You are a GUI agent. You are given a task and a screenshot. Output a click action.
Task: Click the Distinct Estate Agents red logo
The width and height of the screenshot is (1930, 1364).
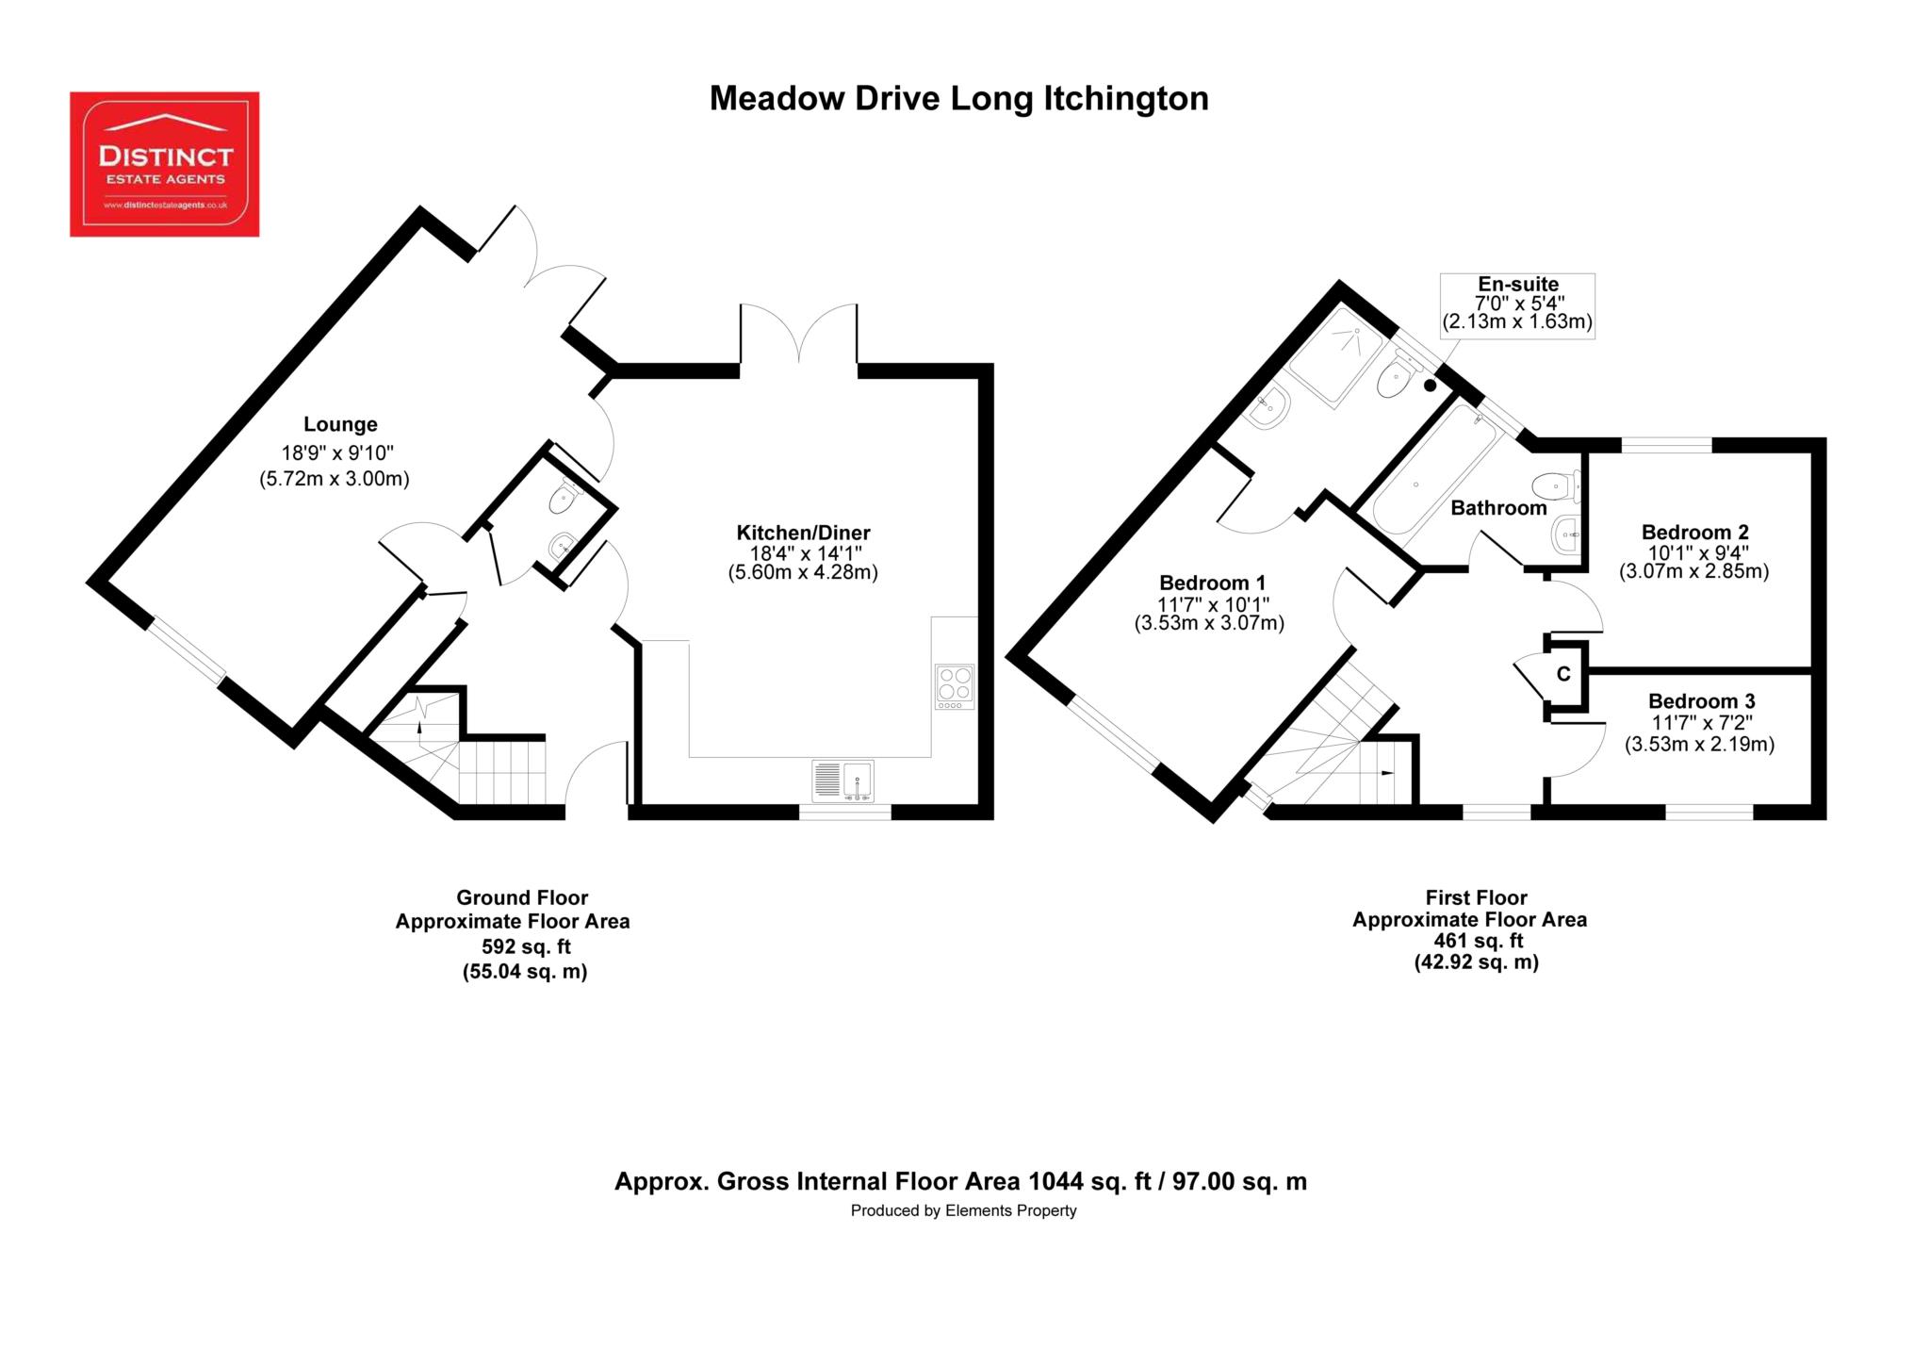pos(165,164)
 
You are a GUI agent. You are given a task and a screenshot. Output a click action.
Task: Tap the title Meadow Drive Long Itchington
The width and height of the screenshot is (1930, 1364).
pos(958,99)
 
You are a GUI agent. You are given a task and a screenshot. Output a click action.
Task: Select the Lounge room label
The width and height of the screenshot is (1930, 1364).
pos(340,424)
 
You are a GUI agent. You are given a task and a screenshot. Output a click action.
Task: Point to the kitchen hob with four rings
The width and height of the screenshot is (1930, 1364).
pos(956,686)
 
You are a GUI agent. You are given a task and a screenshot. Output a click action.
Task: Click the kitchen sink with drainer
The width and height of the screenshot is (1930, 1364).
pos(842,781)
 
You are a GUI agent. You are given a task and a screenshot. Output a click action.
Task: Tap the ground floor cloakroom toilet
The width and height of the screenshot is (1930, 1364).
pos(564,497)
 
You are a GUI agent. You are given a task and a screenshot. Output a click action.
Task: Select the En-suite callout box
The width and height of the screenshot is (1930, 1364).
pos(1517,304)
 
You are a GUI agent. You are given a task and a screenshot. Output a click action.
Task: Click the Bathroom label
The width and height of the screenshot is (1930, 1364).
pos(1498,508)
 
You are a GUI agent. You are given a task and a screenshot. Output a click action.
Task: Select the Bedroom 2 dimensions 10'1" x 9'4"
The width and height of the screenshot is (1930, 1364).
pos(1693,552)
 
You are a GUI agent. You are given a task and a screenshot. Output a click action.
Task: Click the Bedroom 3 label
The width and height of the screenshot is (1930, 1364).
pos(1701,701)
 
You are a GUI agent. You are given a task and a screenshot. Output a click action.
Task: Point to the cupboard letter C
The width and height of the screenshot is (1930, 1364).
pos(1563,674)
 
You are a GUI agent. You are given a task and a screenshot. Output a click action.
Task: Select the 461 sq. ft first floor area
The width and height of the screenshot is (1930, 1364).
pos(1478,941)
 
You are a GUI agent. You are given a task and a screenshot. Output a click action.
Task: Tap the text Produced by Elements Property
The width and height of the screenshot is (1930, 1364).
pos(963,1210)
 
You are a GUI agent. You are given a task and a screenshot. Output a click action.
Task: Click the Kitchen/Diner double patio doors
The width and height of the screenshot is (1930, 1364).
pos(799,334)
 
